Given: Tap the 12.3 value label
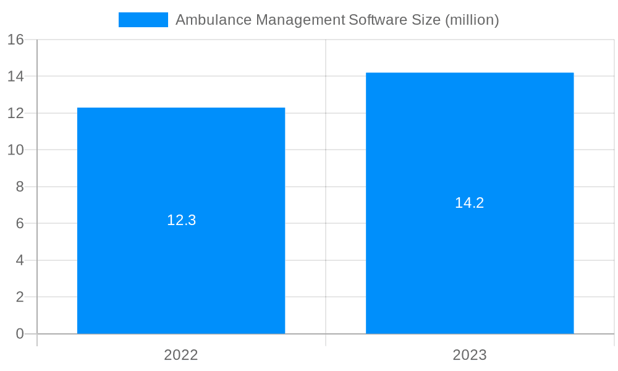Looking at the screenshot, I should (181, 220).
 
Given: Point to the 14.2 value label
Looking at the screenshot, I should (470, 203).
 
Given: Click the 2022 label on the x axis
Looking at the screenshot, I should (181, 355).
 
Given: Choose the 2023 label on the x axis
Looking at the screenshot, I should (470, 355).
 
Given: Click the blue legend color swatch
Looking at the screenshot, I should (143, 20).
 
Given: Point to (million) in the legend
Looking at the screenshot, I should (472, 20).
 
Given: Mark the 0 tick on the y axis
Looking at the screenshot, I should (19, 334).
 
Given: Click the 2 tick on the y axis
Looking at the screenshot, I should (19, 297).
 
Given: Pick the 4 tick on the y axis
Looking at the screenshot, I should (19, 260).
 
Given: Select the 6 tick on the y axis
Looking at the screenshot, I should (19, 224).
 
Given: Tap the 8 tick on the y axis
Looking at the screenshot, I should (19, 187).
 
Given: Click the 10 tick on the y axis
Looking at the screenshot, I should (15, 150).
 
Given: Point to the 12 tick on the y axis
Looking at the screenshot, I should (15, 113).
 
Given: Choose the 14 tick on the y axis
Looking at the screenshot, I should (15, 77).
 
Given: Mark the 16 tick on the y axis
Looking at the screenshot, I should (15, 40).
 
